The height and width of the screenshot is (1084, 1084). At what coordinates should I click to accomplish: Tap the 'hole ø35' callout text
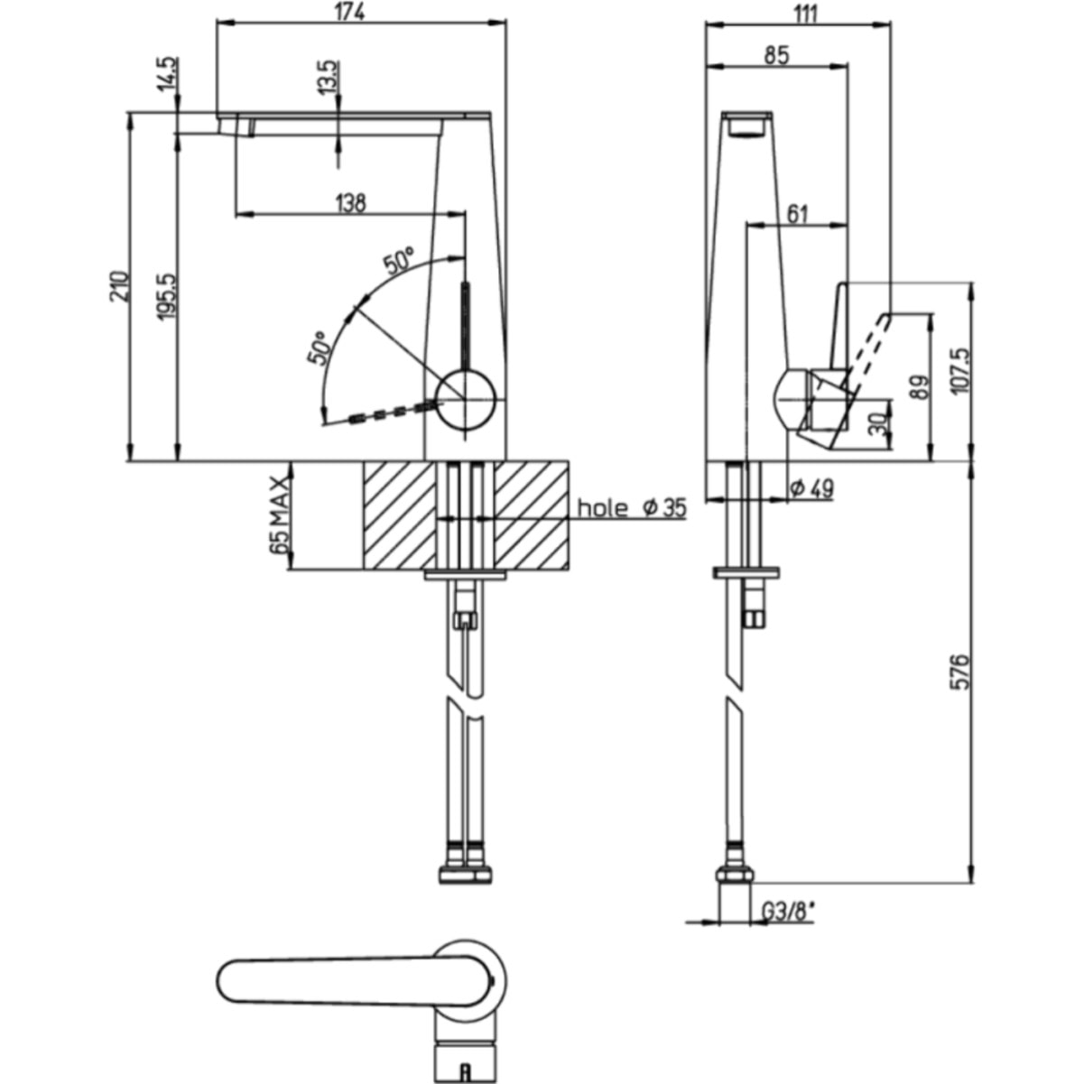point(631,507)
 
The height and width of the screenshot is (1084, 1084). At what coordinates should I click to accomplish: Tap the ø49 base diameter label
point(811,488)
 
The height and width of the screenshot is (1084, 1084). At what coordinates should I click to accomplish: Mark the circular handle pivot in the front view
point(467,399)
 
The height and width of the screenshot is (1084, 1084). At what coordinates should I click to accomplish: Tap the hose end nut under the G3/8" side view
point(734,875)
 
